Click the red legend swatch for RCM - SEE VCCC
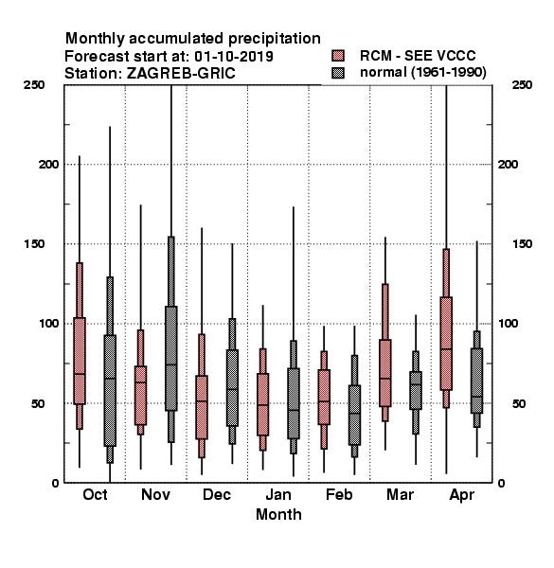[338, 56]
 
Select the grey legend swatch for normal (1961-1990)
[338, 73]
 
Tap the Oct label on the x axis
[95, 494]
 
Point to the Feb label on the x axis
[339, 494]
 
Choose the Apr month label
[461, 495]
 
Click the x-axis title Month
[278, 514]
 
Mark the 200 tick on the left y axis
[48, 165]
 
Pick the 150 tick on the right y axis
[522, 244]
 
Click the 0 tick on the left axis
[55, 483]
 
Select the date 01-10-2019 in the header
[234, 57]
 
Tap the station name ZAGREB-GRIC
[181, 74]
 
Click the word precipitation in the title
[275, 39]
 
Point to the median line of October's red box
[80, 374]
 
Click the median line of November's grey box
[171, 364]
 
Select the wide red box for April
[446, 344]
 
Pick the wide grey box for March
[416, 390]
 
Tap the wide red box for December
[202, 407]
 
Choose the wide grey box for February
[354, 416]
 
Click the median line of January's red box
[262, 404]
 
